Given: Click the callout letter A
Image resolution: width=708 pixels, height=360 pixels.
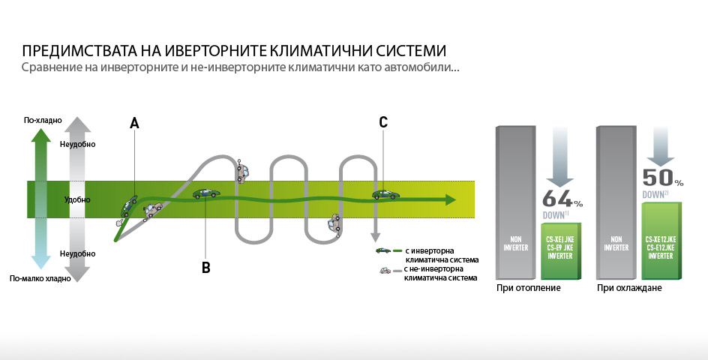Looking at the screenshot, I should click(134, 123).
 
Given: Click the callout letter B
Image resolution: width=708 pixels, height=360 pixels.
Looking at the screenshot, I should click(205, 267).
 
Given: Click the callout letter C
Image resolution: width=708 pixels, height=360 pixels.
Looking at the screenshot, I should click(383, 123).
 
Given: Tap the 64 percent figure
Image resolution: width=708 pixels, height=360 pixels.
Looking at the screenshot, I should click(558, 200).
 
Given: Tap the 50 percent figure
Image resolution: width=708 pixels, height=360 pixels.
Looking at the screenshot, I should click(658, 178).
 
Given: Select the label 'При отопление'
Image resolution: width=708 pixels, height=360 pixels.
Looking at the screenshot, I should click(528, 288).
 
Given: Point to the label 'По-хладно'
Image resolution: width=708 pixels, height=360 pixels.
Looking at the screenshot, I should click(43, 120).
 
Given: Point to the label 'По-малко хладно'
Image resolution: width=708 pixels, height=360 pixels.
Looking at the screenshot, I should click(40, 278).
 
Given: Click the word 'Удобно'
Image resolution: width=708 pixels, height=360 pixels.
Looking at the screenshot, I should click(78, 200).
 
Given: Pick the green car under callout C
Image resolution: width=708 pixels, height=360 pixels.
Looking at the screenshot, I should click(385, 194).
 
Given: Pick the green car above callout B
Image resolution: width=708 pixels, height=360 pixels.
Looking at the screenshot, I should click(206, 193).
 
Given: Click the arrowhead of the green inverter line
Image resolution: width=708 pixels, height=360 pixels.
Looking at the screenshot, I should click(449, 200).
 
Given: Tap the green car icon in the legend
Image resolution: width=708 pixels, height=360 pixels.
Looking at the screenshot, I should click(382, 250).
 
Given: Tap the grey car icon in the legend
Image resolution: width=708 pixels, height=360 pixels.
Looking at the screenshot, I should click(384, 269).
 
